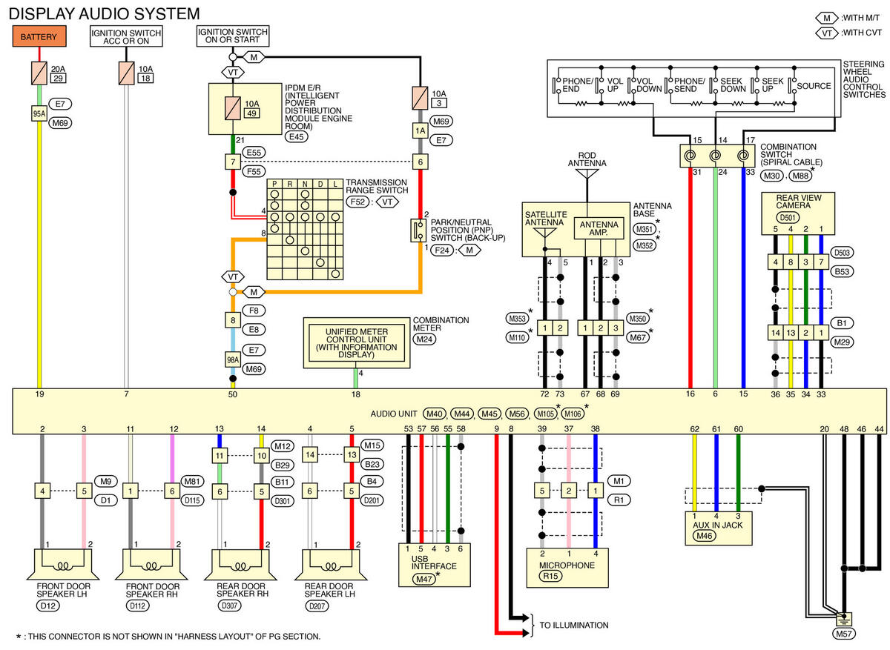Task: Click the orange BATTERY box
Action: [39, 36]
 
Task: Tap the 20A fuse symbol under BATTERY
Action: [39, 73]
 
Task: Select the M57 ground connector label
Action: [843, 634]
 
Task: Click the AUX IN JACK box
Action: [719, 528]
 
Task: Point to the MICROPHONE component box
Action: [567, 568]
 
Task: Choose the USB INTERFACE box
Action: [435, 565]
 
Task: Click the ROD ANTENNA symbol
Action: [587, 173]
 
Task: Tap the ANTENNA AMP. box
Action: [599, 228]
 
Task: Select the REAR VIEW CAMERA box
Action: [798, 213]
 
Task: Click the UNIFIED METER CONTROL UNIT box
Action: [357, 343]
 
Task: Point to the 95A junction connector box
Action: [39, 114]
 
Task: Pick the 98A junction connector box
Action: [233, 359]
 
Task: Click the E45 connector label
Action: [297, 137]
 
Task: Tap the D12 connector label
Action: [48, 606]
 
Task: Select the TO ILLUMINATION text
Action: [574, 626]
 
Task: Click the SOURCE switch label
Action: [814, 86]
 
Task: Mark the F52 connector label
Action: [357, 202]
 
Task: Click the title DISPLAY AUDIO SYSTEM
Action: [104, 14]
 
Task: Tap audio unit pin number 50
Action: [233, 394]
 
